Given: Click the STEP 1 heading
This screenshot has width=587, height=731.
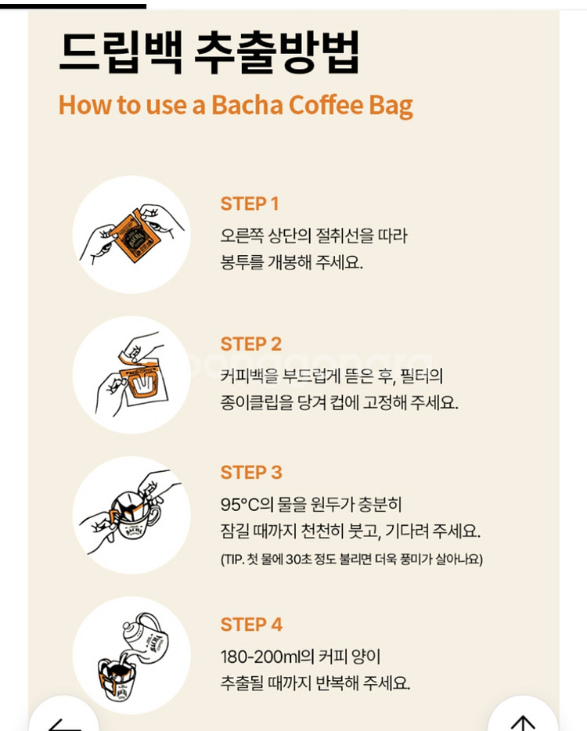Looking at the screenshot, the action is [x=250, y=203].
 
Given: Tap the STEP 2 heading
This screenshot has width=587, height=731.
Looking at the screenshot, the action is [x=250, y=344].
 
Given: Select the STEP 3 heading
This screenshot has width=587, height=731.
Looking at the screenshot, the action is [x=251, y=472].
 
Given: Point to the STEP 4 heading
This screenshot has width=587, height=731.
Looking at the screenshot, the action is [x=251, y=625].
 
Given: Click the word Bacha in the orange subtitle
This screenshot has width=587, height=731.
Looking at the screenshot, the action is [x=247, y=105].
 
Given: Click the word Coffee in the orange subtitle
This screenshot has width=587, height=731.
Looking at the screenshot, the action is [x=326, y=105].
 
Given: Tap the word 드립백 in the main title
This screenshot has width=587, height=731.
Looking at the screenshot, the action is [x=121, y=52].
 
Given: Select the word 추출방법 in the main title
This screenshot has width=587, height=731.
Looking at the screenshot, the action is [x=277, y=52].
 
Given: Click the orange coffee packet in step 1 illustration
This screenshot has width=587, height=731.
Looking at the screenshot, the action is [x=136, y=236].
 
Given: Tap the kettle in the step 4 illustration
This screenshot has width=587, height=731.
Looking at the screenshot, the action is [x=146, y=636].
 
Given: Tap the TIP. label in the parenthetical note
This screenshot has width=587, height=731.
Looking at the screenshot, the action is [x=233, y=559].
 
